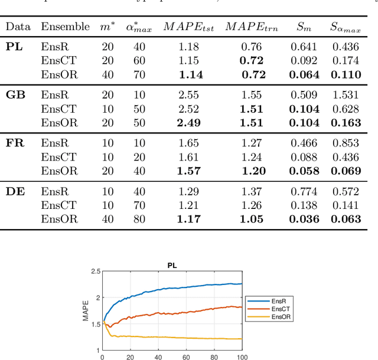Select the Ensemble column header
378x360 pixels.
[x=65, y=27]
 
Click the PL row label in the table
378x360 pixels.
[x=15, y=46]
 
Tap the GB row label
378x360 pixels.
[x=16, y=94]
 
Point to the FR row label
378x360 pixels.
[x=15, y=142]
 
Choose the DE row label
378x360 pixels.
[x=16, y=191]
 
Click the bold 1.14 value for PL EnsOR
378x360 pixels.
[x=189, y=74]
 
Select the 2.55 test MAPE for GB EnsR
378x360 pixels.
[x=189, y=94]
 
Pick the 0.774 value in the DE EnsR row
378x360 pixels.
[x=305, y=191]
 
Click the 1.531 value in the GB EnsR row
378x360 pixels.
[x=346, y=94]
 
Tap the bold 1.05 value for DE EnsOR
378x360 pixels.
[x=253, y=219]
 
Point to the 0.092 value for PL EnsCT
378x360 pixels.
[x=305, y=60]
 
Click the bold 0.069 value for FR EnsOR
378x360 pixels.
[x=346, y=171]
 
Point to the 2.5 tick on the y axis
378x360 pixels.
[x=94, y=272]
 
